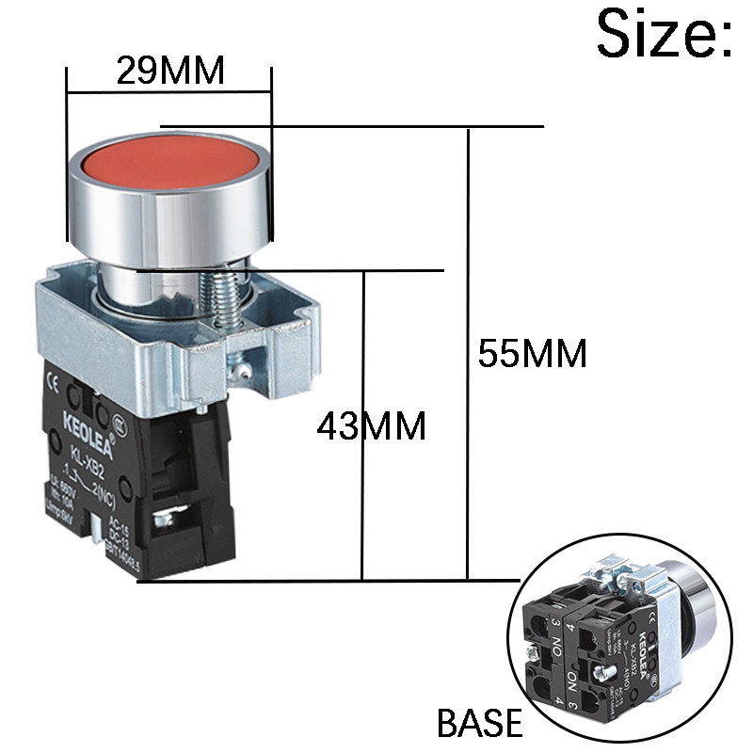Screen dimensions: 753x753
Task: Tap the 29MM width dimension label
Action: click(170, 71)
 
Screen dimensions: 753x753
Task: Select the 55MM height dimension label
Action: click(532, 353)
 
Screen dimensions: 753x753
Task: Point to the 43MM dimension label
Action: click(371, 426)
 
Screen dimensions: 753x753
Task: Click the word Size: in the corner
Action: click(664, 36)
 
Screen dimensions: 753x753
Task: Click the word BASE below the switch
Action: click(479, 723)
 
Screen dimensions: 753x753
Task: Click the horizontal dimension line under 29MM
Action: click(169, 92)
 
